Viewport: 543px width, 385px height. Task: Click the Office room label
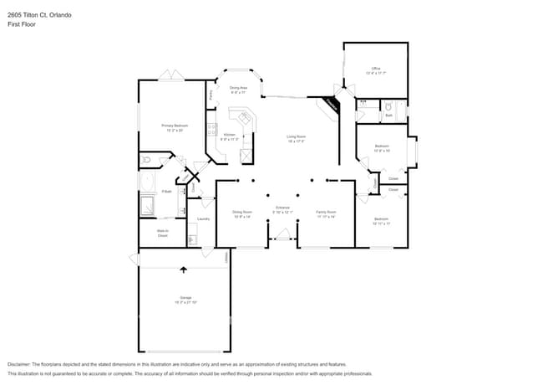pyautogui.click(x=376, y=69)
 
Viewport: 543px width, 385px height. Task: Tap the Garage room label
pyautogui.click(x=184, y=298)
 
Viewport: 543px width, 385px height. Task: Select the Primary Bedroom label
pyautogui.click(x=174, y=126)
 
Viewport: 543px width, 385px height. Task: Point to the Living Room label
pyautogui.click(x=296, y=138)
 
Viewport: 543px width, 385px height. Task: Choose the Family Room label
pyautogui.click(x=326, y=213)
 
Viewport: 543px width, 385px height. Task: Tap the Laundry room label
pyautogui.click(x=202, y=219)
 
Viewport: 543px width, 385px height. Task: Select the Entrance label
pyautogui.click(x=283, y=208)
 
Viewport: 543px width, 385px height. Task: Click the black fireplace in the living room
pyautogui.click(x=332, y=105)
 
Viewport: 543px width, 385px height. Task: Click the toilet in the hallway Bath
pyautogui.click(x=388, y=106)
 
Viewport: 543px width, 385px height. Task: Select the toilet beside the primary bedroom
pyautogui.click(x=147, y=158)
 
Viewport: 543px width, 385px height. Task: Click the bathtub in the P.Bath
pyautogui.click(x=147, y=182)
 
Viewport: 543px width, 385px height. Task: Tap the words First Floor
pyautogui.click(x=21, y=24)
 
